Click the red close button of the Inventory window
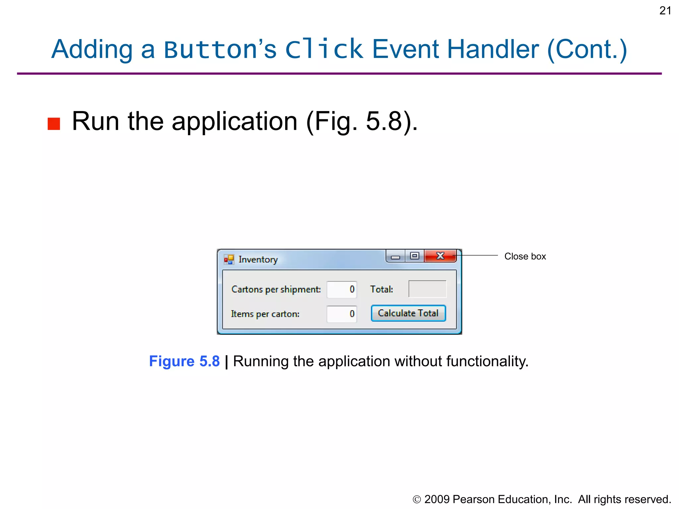coord(440,256)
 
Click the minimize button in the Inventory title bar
coord(395,257)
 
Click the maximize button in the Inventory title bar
coord(414,256)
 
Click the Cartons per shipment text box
coord(341,289)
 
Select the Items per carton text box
coord(341,314)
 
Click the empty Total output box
coord(427,289)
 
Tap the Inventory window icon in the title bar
coord(229,259)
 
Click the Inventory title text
coord(258,259)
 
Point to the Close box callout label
coord(525,256)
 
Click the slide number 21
coord(665,11)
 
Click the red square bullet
coord(54,124)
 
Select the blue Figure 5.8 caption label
coord(184,361)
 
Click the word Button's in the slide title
coord(220,49)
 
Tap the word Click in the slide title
coord(324,49)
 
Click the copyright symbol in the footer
coord(417,500)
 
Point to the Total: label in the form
coord(382,289)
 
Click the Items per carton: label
coord(265,314)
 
